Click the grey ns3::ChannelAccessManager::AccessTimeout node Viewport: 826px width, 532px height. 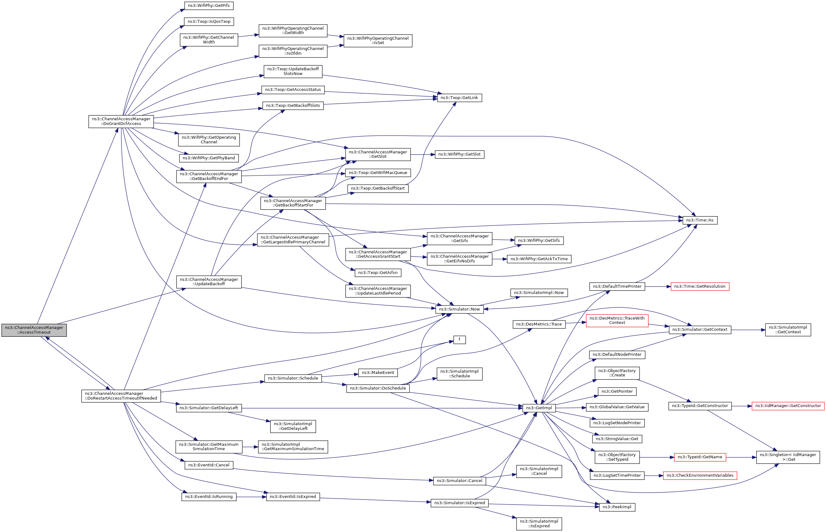click(34, 330)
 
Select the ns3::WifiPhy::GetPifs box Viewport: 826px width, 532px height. click(209, 6)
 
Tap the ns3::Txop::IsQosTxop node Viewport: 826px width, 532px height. click(209, 22)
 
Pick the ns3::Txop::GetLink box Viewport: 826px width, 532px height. click(459, 98)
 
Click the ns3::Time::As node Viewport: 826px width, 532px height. click(700, 220)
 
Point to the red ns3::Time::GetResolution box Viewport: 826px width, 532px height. click(700, 286)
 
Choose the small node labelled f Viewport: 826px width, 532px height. click(459, 340)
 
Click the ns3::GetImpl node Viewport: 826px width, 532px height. click(539, 408)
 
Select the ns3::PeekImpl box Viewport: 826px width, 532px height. click(617, 507)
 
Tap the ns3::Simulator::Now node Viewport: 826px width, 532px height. click(459, 309)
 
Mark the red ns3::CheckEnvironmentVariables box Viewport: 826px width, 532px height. click(700, 475)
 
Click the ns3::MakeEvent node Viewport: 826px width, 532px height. click(378, 373)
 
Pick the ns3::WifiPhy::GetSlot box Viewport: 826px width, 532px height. click(459, 154)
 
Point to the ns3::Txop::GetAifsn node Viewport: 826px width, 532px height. click(378, 273)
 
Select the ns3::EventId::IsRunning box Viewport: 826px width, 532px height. click(209, 497)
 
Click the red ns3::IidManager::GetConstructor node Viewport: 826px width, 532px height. click(788, 406)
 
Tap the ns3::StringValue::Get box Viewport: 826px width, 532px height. click(617, 439)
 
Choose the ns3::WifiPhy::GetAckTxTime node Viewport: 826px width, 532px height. click(539, 259)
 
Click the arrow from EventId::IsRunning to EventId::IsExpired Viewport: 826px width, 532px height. click(251, 497)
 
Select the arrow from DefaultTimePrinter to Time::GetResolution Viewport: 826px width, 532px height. click(657, 286)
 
